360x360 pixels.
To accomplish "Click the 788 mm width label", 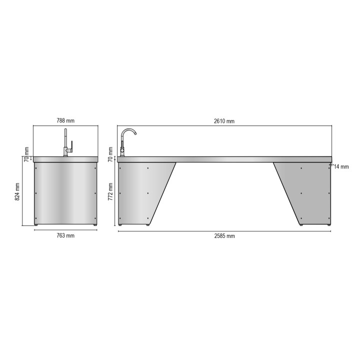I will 66,120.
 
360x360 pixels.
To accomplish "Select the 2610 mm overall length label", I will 224,120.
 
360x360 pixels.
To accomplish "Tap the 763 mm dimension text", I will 66,235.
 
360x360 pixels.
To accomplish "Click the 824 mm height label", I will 18,191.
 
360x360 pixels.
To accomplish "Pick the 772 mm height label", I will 111,191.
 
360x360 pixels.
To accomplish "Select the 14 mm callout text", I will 342,166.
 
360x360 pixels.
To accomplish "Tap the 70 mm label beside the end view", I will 27,152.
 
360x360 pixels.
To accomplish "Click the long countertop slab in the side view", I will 224,159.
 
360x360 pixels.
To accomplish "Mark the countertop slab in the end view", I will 65,159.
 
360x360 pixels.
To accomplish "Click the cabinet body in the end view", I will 65,192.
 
